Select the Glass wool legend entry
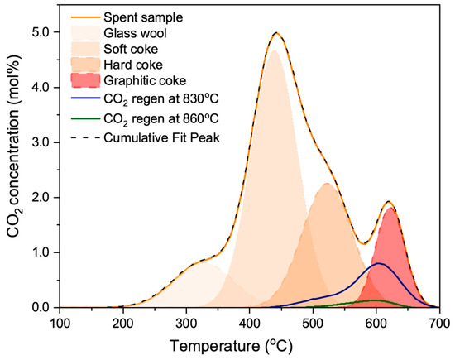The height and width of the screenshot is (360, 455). point(140,32)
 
